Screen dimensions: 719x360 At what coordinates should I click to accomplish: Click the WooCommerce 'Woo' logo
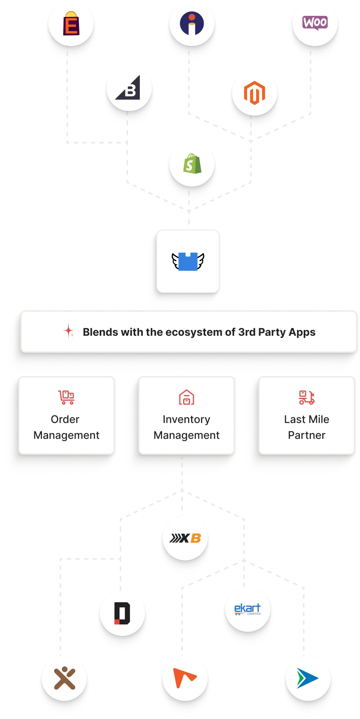pyautogui.click(x=315, y=23)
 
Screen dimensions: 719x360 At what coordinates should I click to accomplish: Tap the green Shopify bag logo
pyautogui.click(x=192, y=164)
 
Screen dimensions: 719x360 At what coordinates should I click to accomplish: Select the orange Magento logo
pyautogui.click(x=254, y=93)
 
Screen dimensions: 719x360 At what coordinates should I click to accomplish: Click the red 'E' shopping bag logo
pyautogui.click(x=71, y=23)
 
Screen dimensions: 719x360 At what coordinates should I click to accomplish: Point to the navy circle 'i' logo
pyautogui.click(x=192, y=23)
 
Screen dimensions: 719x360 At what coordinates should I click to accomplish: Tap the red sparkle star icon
pyautogui.click(x=69, y=331)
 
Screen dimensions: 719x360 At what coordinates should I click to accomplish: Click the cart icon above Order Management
pyautogui.click(x=66, y=397)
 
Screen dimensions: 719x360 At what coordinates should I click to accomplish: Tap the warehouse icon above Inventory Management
pyautogui.click(x=187, y=397)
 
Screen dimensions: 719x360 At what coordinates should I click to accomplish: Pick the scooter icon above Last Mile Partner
pyautogui.click(x=307, y=397)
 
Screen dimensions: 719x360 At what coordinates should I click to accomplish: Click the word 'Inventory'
pyautogui.click(x=186, y=419)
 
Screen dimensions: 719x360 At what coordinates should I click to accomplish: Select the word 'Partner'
pyautogui.click(x=306, y=435)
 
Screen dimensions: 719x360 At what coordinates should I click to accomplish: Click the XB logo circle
pyautogui.click(x=185, y=538)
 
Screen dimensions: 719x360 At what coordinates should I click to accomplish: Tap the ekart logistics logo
pyautogui.click(x=248, y=609)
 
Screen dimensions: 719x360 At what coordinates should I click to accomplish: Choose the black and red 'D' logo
pyautogui.click(x=122, y=613)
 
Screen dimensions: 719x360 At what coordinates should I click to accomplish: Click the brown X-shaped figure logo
pyautogui.click(x=65, y=678)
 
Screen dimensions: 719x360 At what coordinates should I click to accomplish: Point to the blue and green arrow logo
pyautogui.click(x=307, y=678)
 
